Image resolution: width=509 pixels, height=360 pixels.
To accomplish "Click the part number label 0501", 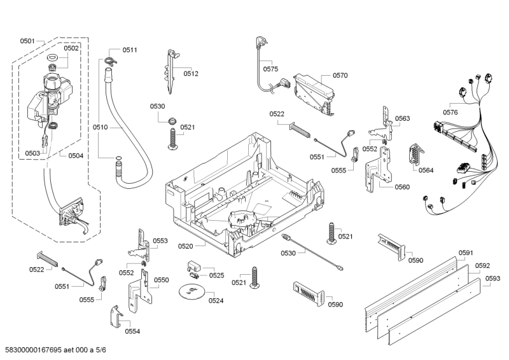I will tap(27, 41).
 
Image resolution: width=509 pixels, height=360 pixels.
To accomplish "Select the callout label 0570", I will tap(340, 75).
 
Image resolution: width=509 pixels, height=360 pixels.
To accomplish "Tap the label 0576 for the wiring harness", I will tap(450, 112).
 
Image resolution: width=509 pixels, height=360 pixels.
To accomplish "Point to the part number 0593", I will tap(492, 278).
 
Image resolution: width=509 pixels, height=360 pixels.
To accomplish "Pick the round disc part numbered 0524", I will tap(190, 292).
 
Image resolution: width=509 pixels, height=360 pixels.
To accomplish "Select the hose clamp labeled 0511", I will tap(111, 60).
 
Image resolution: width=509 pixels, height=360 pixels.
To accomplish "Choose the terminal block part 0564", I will tap(414, 156).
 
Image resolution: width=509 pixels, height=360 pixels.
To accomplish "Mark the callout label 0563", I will tap(402, 118).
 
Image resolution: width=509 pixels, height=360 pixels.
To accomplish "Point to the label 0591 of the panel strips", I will tap(466, 253).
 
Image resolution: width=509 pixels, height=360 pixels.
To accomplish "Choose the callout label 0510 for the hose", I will tap(101, 127).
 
